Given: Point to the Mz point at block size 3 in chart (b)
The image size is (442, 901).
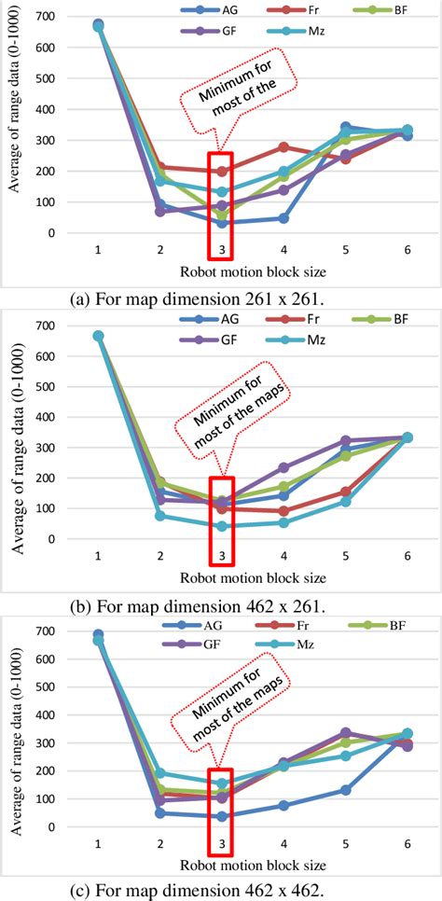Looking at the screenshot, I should pos(222,526).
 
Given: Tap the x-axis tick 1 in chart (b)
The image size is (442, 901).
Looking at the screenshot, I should pos(98,557).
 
